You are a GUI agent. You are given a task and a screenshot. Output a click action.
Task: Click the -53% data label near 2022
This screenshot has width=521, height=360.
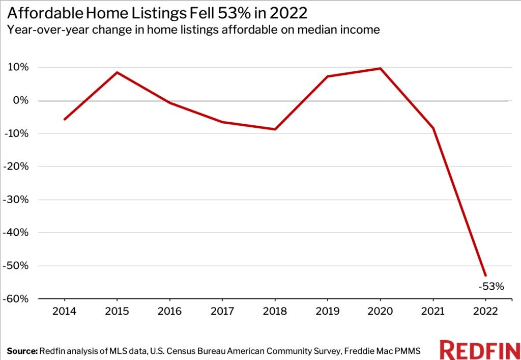pos(491,287)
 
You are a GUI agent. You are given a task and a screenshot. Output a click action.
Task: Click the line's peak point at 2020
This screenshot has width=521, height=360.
pos(380,68)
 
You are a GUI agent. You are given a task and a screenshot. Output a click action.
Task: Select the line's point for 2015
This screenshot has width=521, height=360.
pos(117,72)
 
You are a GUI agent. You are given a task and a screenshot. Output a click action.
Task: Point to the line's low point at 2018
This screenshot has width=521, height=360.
pos(275,129)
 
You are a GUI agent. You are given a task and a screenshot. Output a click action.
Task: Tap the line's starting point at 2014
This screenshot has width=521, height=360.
pos(64,120)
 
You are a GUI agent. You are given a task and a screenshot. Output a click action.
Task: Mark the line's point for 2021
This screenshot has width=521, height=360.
pos(433,128)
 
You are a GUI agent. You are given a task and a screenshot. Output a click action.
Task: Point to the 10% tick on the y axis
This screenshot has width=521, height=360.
pos(18,68)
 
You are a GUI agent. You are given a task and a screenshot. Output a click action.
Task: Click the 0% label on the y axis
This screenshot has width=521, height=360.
pos(21,101)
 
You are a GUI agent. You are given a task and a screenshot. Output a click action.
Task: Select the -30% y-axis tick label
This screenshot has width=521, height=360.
pos(16,200)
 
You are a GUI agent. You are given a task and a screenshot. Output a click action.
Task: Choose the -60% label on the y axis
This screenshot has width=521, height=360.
pos(16,299)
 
